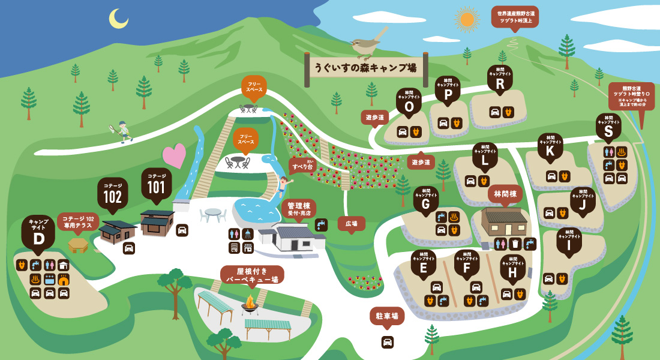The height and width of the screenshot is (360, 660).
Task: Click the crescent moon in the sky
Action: (118, 19)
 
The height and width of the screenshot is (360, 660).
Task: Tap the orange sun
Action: (467, 19)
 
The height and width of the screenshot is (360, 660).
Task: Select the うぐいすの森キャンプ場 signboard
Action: (366, 68)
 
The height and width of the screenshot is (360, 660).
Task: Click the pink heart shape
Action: (174, 156)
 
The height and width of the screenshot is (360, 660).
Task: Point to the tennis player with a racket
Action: (122, 130)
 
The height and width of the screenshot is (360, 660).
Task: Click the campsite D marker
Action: (38, 234)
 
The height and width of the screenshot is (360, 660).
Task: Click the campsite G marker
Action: (426, 201)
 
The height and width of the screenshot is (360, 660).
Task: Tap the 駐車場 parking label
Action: (387, 316)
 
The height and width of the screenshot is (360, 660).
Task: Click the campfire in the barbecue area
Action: (250, 304)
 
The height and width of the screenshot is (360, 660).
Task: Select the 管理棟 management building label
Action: (298, 208)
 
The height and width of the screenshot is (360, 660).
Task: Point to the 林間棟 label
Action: (505, 194)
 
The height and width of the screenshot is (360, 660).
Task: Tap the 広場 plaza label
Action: (351, 223)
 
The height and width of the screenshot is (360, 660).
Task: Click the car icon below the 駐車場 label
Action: (388, 342)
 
